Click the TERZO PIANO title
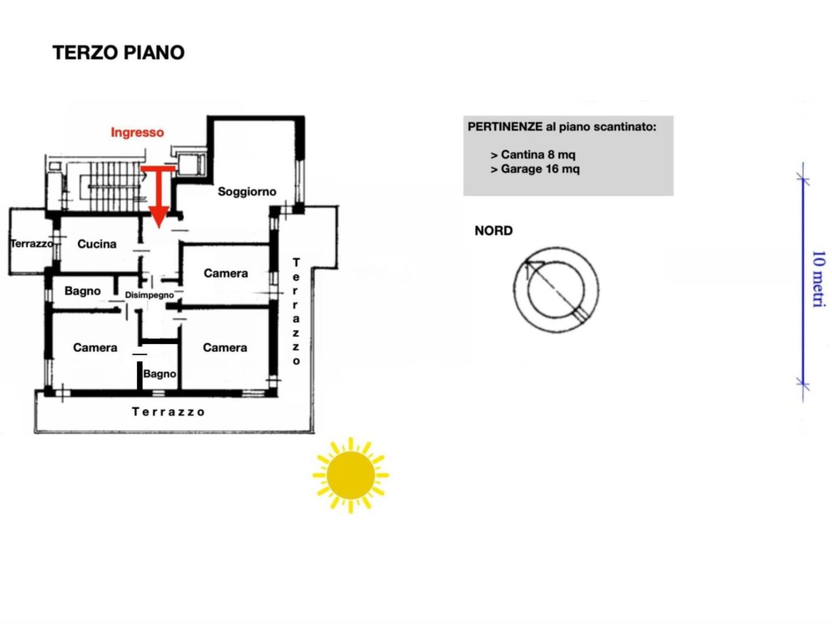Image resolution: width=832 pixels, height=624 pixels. (119, 53)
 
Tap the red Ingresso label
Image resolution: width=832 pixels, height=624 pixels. (137, 132)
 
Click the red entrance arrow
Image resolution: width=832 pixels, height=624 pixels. (159, 198)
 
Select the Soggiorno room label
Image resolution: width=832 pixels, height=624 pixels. (246, 191)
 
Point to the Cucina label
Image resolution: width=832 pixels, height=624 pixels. (97, 244)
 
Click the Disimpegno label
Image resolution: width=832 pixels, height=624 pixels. (149, 295)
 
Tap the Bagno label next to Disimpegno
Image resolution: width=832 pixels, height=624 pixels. (82, 291)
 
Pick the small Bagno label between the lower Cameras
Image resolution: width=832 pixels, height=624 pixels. (159, 373)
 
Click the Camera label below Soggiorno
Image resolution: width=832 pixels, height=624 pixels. (226, 273)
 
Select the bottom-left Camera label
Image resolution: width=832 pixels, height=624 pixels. (95, 347)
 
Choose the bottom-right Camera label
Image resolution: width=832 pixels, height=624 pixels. (225, 347)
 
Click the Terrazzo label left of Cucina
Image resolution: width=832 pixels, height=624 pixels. (32, 243)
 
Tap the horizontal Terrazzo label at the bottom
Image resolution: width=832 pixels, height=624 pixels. (168, 412)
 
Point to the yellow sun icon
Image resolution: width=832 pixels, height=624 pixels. (350, 475)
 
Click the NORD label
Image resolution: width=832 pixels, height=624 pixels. (493, 230)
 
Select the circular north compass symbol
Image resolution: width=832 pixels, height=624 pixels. (556, 290)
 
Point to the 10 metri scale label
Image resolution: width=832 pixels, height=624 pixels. (818, 279)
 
